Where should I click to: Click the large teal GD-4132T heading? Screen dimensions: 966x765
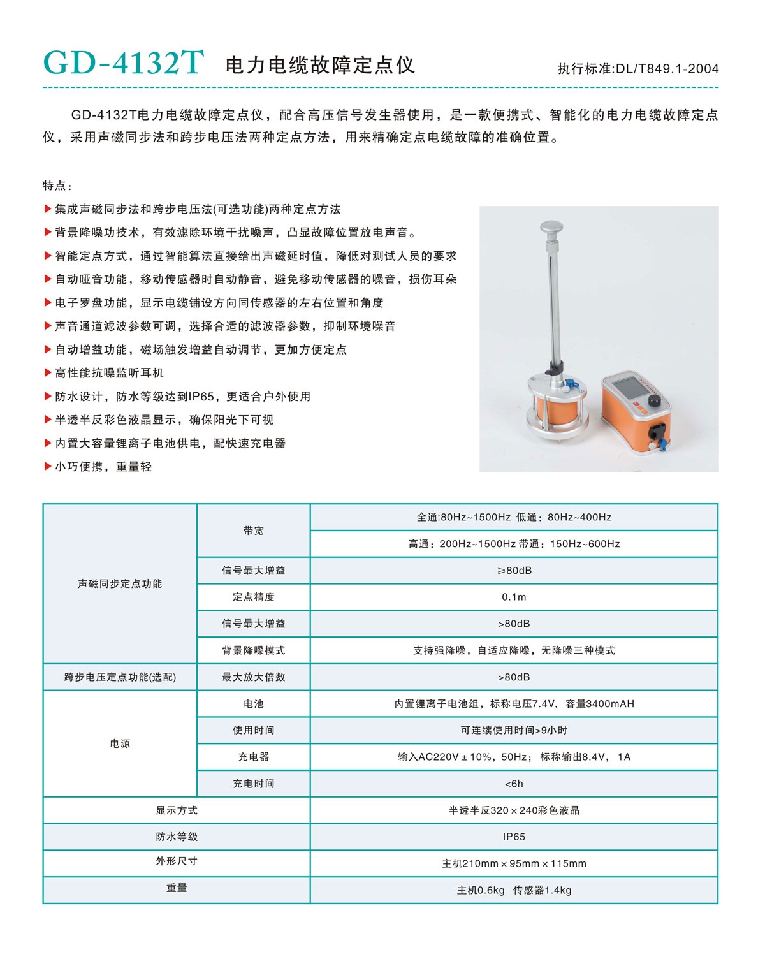click(124, 63)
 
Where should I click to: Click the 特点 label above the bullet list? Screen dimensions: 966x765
click(57, 186)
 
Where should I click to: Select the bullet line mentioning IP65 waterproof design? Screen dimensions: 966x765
click(182, 397)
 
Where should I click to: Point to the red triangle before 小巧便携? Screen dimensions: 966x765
click(48, 467)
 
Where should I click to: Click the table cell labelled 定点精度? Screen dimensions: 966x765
click(253, 597)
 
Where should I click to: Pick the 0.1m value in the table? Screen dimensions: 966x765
click(514, 597)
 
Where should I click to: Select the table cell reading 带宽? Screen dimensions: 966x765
click(253, 531)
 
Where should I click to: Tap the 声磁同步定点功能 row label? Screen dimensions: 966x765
click(120, 583)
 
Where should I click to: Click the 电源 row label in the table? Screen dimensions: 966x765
click(120, 743)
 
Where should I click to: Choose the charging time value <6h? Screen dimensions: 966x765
click(514, 784)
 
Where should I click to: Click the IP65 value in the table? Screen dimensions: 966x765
click(514, 837)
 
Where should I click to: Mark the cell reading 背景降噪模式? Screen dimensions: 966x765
click(253, 650)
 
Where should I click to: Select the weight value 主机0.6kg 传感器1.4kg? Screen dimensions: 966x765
click(514, 890)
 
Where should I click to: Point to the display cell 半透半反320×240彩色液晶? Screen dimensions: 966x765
click(514, 810)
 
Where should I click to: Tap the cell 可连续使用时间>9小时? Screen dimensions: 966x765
click(514, 730)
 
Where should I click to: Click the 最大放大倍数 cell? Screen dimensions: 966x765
click(253, 677)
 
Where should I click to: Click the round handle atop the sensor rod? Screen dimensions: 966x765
click(553, 227)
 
